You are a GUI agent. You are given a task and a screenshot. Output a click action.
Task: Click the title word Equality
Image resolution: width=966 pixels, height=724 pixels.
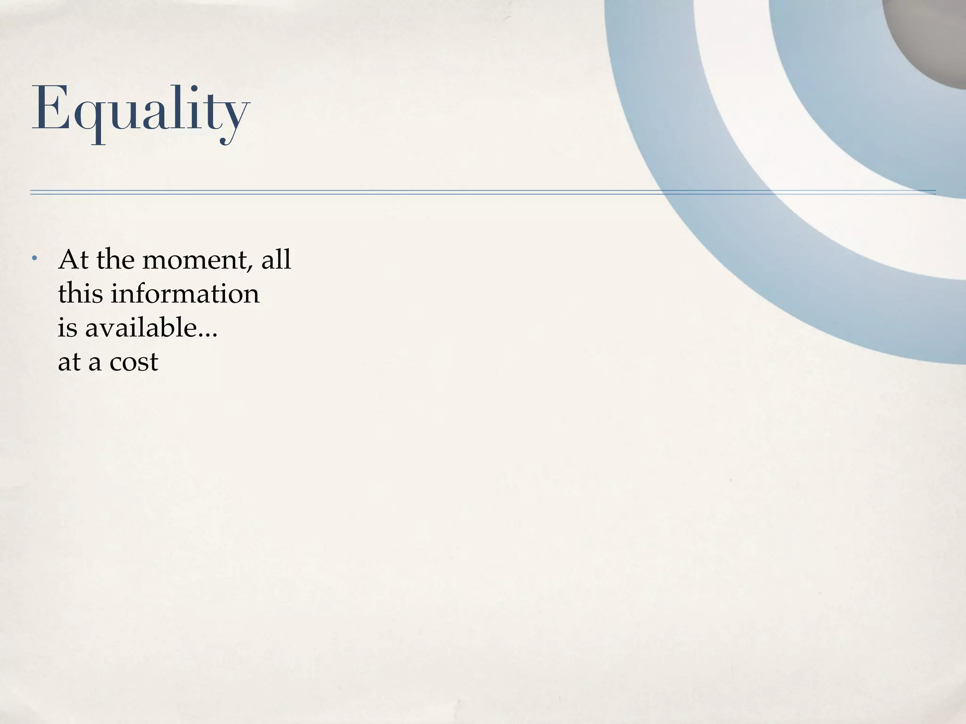(140, 109)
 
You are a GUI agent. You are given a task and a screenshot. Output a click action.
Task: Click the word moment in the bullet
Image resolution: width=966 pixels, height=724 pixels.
(194, 260)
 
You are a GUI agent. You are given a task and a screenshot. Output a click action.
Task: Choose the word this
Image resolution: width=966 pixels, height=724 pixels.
(80, 294)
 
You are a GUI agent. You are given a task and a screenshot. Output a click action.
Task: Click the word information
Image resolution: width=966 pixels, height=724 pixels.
(185, 294)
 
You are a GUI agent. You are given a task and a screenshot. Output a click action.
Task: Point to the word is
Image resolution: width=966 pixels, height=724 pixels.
(67, 328)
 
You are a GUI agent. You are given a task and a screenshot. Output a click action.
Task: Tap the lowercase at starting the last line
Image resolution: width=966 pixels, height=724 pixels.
(69, 362)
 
